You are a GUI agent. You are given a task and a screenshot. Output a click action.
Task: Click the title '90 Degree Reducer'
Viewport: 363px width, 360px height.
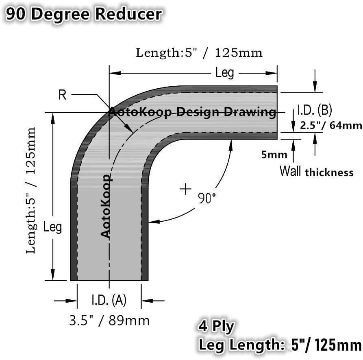83,14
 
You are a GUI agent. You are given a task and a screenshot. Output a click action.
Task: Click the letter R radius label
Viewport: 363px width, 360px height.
62,95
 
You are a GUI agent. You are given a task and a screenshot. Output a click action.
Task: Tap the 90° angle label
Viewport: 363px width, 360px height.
206,199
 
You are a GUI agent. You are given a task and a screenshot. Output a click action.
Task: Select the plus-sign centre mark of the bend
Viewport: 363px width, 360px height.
185,189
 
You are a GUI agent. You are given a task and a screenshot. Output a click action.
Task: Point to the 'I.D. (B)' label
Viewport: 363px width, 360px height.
315,110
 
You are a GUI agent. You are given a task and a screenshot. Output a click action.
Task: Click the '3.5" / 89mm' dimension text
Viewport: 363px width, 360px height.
109,321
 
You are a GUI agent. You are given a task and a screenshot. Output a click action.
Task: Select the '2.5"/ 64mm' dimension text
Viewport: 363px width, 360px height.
330,125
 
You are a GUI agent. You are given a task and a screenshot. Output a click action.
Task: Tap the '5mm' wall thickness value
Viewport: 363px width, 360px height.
274,155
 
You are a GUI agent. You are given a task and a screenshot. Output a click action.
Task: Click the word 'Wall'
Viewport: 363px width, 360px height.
290,171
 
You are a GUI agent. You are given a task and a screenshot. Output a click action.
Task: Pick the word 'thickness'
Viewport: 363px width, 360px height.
329,172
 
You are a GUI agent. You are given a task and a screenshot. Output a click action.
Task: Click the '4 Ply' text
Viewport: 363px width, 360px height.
216,326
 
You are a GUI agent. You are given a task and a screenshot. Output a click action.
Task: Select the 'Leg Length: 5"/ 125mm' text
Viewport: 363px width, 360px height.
280,345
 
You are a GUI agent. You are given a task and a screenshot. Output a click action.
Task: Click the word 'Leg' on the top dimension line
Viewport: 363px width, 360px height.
224,73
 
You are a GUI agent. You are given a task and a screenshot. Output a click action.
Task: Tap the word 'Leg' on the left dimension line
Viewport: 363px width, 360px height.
52,227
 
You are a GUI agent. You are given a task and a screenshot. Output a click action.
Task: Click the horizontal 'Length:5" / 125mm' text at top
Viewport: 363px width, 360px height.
199,53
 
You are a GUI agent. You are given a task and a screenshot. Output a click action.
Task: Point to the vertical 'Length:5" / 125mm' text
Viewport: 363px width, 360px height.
31,190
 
